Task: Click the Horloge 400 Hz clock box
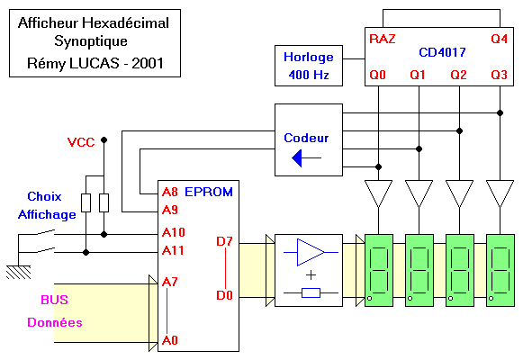pos(309,66)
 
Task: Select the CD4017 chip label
pos(442,52)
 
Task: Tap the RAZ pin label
pos(383,39)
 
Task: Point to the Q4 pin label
pos(499,39)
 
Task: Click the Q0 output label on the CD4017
pos(377,75)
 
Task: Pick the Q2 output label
pos(458,75)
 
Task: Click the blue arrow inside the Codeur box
pos(306,158)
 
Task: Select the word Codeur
pos(306,138)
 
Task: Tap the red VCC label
pos(81,142)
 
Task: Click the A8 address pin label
pos(170,192)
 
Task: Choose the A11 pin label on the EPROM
pos(173,250)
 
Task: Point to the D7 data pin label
pos(224,241)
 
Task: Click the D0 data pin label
pos(224,295)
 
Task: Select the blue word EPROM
pos(209,192)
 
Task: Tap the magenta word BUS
pos(54,300)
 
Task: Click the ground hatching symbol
pos(19,272)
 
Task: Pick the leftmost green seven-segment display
pos(379,270)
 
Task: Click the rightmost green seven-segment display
pos(500,270)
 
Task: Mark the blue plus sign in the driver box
pos(311,275)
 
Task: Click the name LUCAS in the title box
pos(94,63)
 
